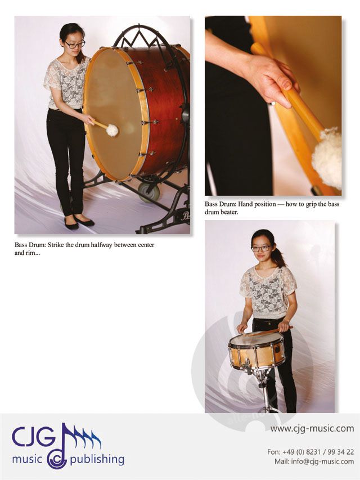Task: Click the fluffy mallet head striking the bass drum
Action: (x=112, y=131)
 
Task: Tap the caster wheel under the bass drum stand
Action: (x=148, y=192)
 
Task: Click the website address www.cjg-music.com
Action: (x=312, y=428)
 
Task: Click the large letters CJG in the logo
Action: (x=34, y=437)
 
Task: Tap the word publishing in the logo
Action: (x=97, y=460)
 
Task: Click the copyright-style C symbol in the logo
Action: (x=57, y=460)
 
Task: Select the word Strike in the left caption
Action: (x=56, y=245)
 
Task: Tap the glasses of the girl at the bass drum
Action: (x=75, y=44)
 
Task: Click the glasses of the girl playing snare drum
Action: (x=261, y=249)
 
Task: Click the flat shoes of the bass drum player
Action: (x=79, y=222)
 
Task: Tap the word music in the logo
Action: (x=27, y=459)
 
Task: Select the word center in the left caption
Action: (x=146, y=245)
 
